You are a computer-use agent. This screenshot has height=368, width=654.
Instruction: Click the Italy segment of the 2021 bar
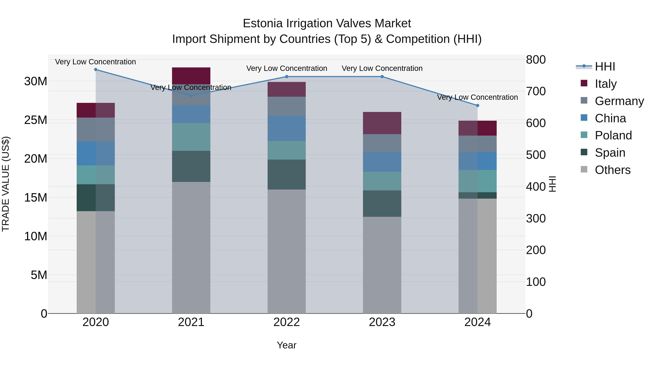coord(191,76)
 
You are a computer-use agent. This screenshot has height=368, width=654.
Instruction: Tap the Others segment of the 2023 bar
coord(382,265)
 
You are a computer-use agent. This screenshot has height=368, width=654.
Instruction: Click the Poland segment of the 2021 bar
coord(191,137)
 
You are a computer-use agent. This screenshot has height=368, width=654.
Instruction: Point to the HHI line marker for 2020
coord(96,70)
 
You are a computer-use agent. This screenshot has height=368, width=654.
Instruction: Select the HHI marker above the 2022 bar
coord(287,77)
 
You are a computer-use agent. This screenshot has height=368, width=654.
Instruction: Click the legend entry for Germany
coord(619,101)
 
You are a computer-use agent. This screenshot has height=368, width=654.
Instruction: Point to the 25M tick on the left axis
coord(36,120)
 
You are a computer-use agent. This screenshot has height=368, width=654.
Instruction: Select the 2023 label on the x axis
coord(382,322)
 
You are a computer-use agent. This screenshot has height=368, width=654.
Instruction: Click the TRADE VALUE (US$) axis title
coord(6,184)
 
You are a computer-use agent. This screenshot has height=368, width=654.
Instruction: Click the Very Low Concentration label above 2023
coord(382,68)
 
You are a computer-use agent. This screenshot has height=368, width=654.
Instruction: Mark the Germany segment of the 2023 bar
coord(382,143)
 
